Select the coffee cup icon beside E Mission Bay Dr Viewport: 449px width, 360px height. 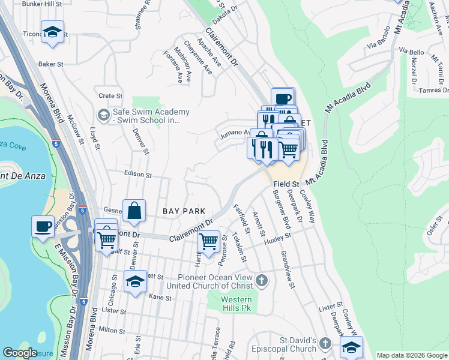coord(43,227)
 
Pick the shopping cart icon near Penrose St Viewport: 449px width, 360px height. coord(208,242)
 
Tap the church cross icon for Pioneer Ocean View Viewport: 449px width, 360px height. coord(261,280)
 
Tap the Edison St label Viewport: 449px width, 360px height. coord(137,175)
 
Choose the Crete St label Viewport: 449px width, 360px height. coord(110,95)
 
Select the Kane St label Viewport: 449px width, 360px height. coord(160,297)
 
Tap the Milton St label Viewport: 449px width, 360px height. coord(112,330)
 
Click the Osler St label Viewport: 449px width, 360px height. coord(430,227)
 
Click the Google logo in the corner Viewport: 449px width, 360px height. coord(20,353)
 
